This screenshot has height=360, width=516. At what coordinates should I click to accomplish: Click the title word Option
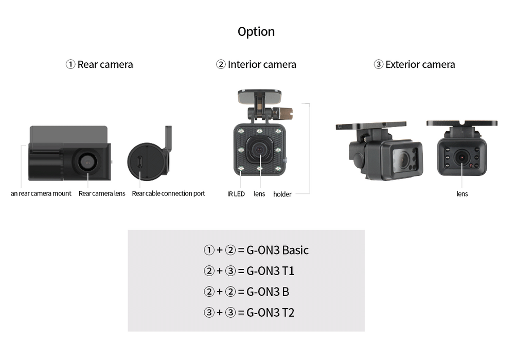(256, 32)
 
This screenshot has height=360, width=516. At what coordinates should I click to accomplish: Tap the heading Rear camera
(105, 65)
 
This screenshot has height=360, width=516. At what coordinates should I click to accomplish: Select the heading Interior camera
(262, 65)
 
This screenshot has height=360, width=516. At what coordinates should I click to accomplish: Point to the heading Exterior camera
(420, 65)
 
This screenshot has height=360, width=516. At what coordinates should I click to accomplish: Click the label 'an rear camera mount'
(41, 194)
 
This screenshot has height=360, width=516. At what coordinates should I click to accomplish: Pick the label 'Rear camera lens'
(102, 194)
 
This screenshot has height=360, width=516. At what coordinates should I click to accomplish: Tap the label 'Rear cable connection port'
(168, 194)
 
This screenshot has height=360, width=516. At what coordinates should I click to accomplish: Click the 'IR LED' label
(236, 194)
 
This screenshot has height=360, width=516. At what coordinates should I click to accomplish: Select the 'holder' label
(282, 194)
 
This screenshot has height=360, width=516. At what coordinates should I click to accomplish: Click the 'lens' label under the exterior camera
(462, 194)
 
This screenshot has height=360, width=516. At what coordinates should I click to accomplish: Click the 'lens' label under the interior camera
(259, 194)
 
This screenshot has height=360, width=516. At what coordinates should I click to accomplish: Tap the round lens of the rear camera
(87, 161)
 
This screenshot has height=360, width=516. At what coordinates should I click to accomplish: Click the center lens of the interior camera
(260, 149)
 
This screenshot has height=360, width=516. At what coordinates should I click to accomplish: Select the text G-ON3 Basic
(277, 250)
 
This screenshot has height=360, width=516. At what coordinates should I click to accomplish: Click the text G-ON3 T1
(271, 271)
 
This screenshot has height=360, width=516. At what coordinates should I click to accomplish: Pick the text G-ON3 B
(268, 292)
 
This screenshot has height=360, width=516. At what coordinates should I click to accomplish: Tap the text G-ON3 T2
(271, 313)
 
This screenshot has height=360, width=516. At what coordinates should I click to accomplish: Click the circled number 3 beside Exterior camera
(379, 65)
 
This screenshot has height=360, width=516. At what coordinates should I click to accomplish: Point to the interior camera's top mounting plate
(259, 96)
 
